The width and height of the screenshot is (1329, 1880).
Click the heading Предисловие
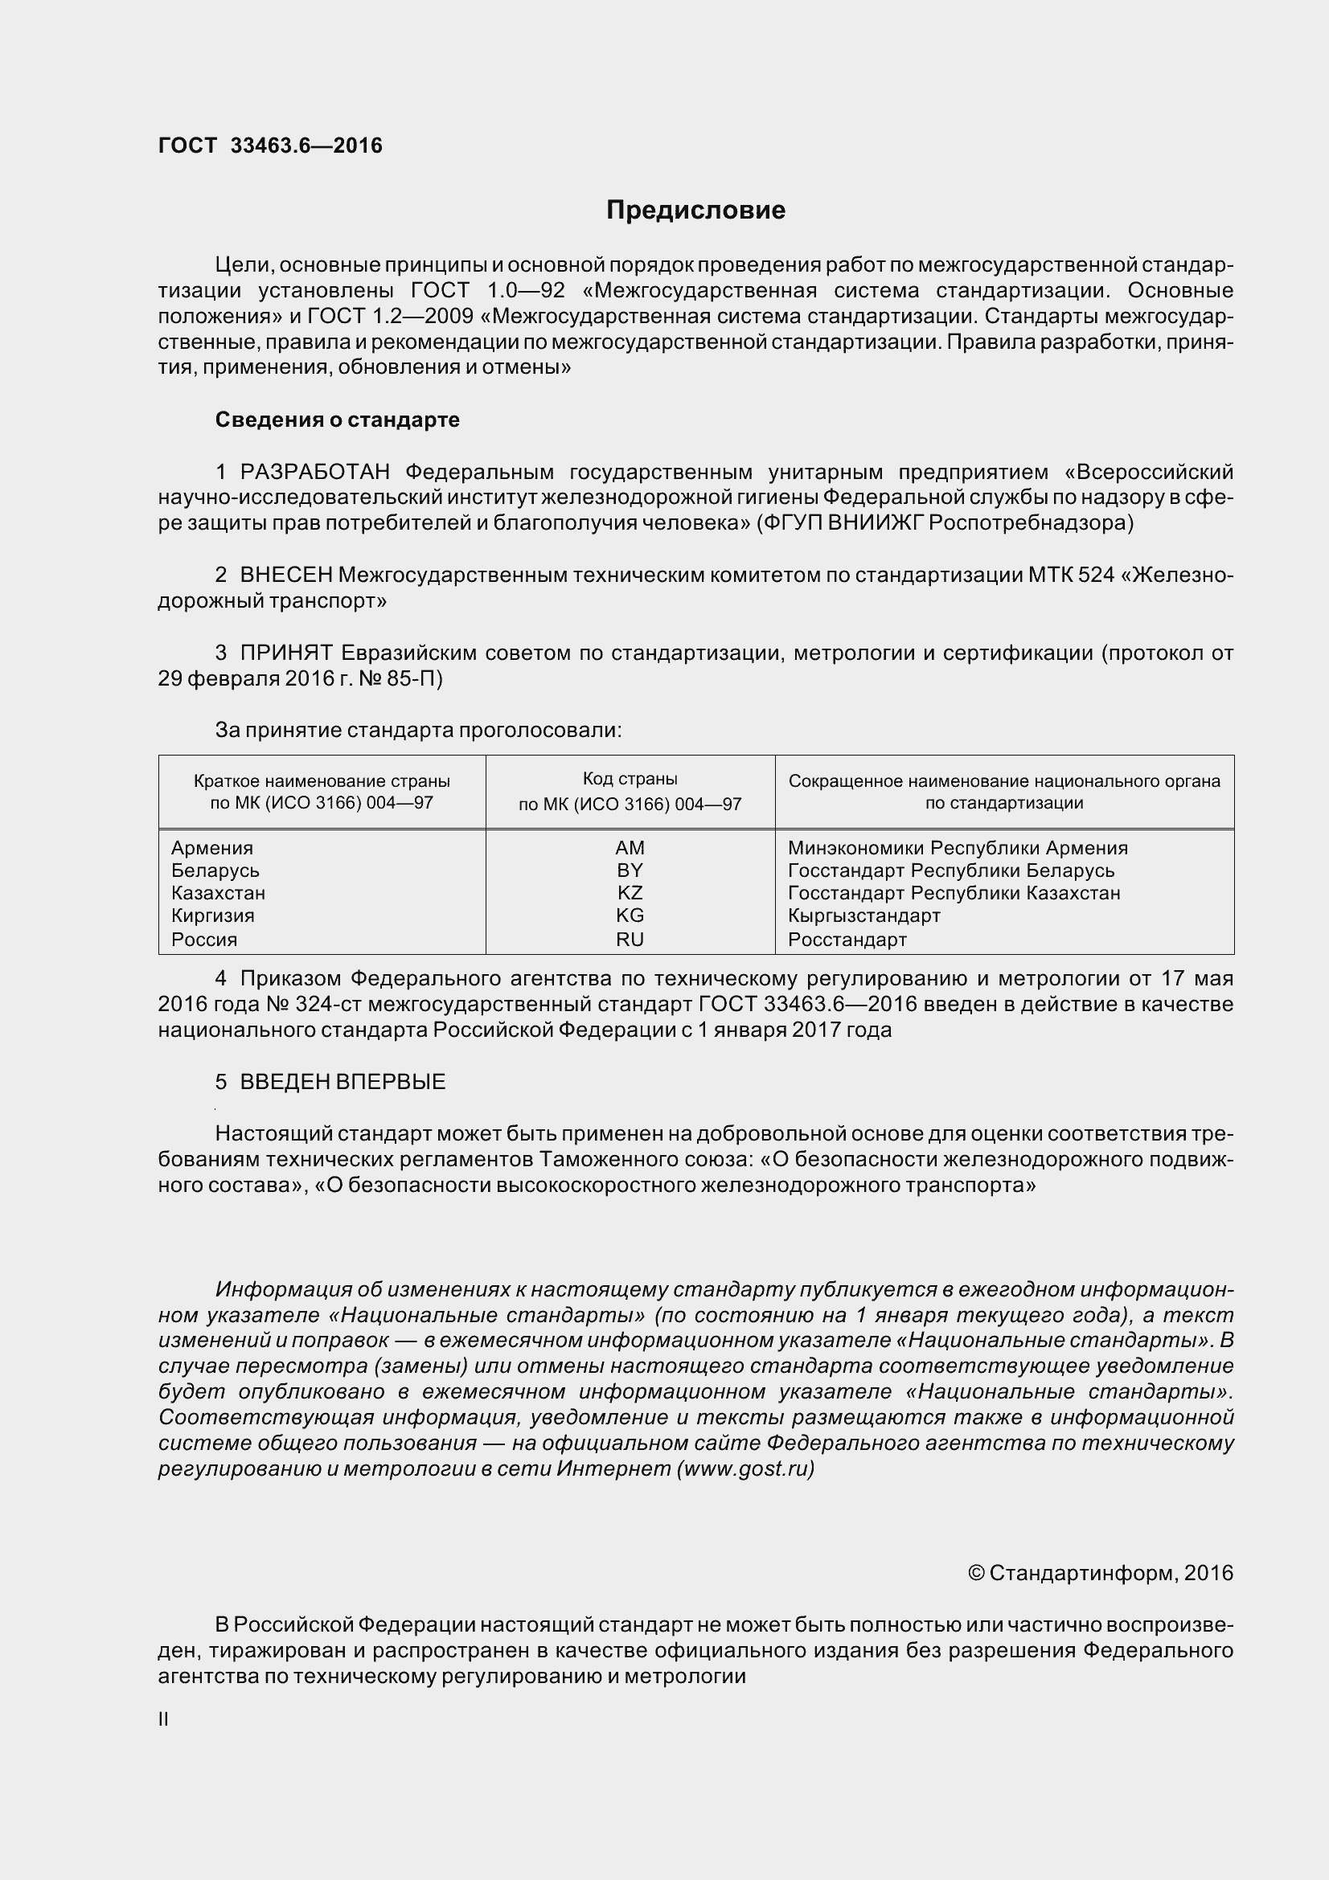pos(695,211)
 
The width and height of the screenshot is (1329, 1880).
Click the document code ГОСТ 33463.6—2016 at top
pos(270,145)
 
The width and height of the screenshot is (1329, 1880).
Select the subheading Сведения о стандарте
pos(338,420)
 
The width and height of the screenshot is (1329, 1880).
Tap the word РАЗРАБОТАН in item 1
pos(315,472)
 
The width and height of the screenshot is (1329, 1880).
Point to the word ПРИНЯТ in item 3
pos(286,653)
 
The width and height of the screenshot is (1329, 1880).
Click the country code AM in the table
pos(630,847)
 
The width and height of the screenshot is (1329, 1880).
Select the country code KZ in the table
pos(630,892)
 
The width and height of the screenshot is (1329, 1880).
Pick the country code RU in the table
pos(630,939)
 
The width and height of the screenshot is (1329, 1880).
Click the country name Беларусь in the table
pos(215,870)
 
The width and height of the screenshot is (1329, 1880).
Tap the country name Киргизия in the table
pos(213,915)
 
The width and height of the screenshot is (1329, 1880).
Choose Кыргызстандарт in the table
pos(864,915)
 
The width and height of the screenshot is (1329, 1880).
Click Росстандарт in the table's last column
pos(847,939)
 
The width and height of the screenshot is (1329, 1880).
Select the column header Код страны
pos(630,779)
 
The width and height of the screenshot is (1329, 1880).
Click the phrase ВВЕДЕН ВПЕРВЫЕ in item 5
pos(343,1082)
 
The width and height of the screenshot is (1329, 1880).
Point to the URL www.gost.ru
pos(745,1468)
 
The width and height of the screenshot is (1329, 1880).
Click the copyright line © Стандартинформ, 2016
pos(1101,1573)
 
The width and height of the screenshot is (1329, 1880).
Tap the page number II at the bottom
pos(163,1719)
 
